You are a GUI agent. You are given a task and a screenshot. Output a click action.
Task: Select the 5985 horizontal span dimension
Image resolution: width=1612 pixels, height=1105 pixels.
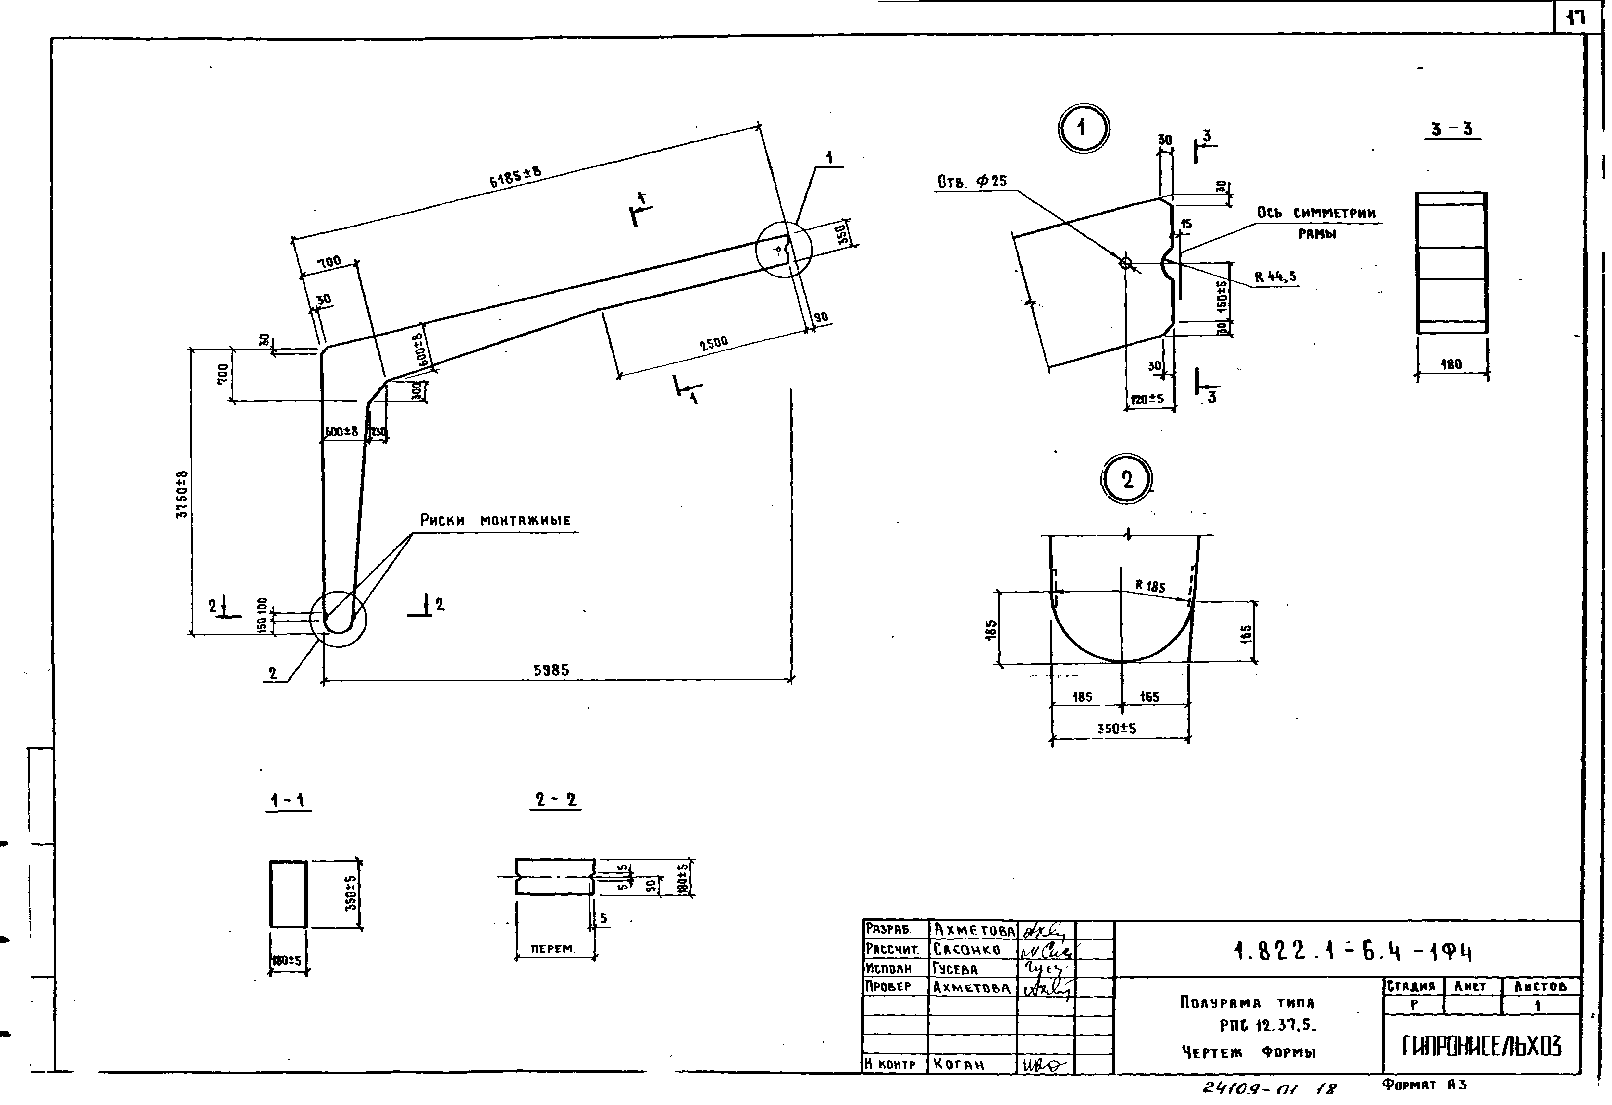552,670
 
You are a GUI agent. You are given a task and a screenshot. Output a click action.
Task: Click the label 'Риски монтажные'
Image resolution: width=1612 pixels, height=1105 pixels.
495,520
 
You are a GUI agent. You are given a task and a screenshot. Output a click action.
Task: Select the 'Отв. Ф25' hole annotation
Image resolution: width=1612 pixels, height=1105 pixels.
972,182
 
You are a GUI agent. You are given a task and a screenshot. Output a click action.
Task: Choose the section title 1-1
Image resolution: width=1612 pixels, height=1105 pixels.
288,801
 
